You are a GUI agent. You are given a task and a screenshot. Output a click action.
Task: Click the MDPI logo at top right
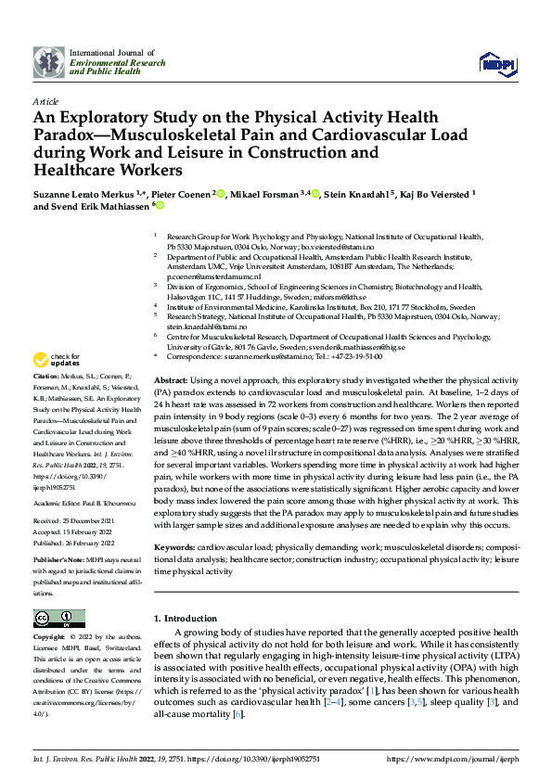coord(498,62)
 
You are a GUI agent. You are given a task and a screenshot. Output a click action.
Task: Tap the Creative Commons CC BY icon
coord(58,619)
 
